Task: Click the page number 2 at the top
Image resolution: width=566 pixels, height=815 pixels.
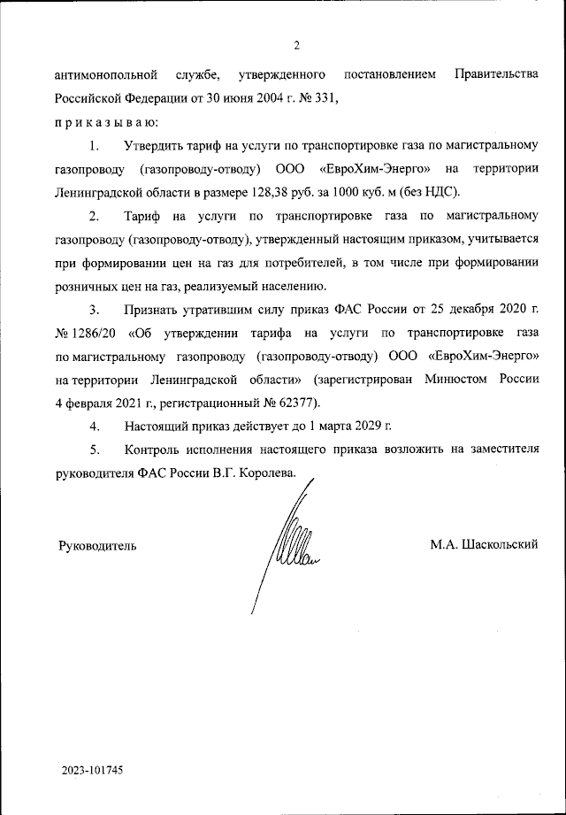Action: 297,46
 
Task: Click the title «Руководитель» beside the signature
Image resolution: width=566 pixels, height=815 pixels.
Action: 97,545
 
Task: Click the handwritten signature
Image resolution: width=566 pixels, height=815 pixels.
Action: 287,549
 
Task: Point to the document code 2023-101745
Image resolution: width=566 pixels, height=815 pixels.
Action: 92,770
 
